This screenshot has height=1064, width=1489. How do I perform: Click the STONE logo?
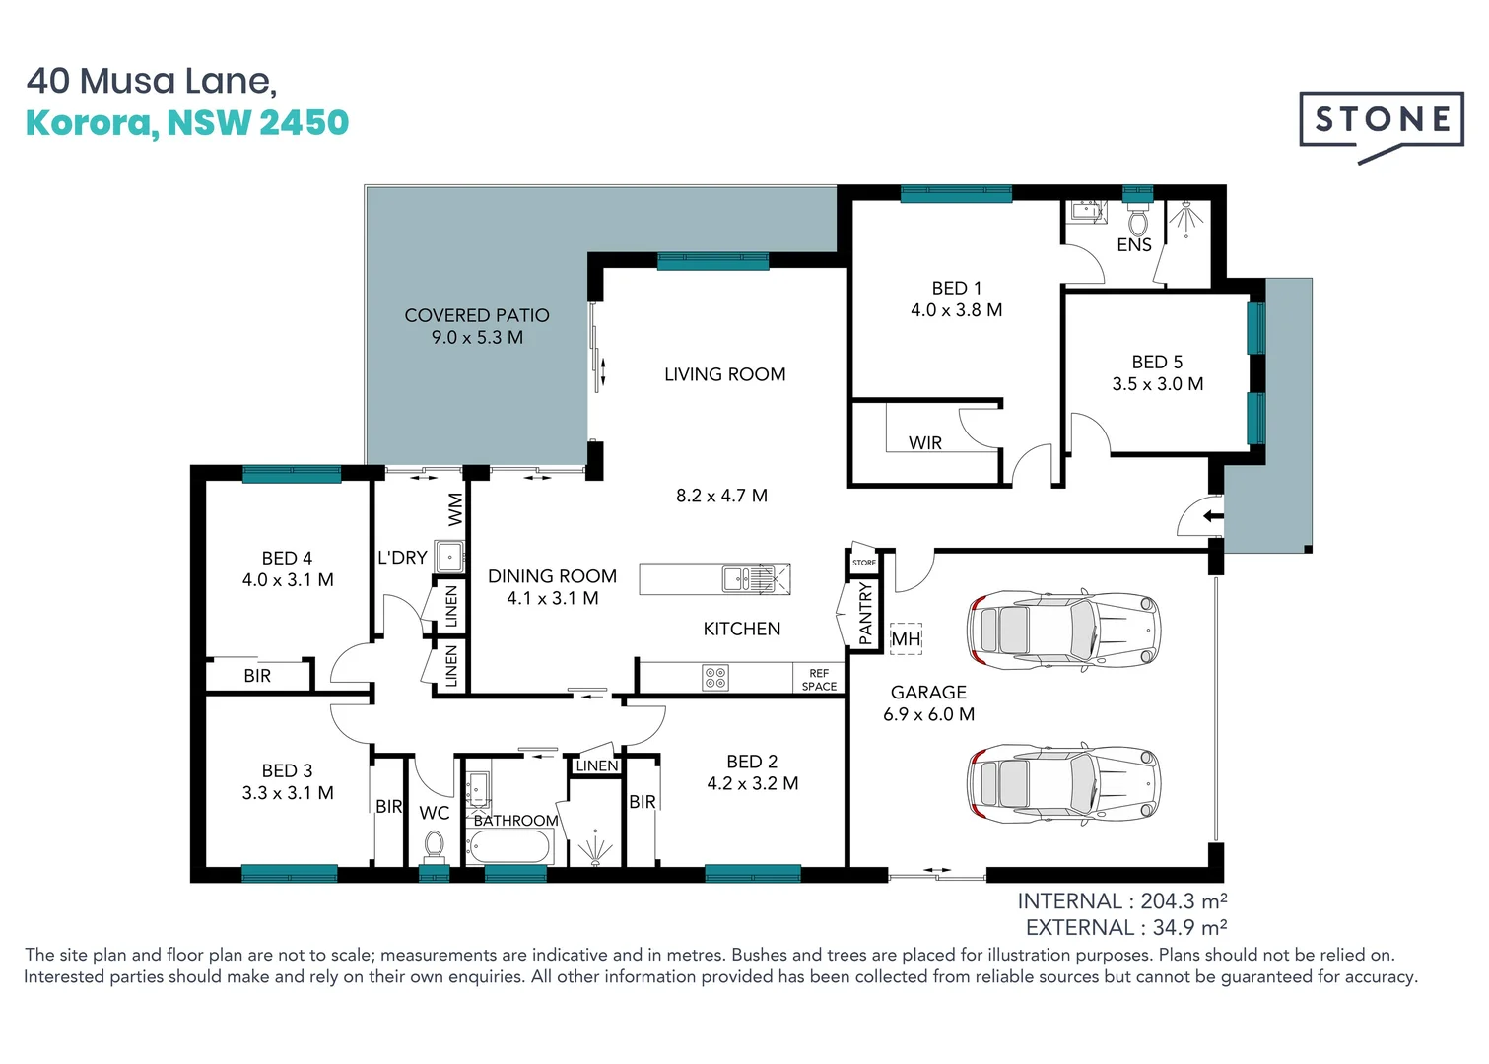tap(1382, 121)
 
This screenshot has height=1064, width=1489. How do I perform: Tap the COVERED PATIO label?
tap(477, 315)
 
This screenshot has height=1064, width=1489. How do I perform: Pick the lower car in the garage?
tap(1064, 784)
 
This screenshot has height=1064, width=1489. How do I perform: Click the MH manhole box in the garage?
tap(906, 639)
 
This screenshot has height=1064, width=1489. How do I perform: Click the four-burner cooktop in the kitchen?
tap(715, 678)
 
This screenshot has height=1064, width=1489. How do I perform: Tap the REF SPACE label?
tap(819, 680)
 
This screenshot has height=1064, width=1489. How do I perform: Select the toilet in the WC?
tap(434, 845)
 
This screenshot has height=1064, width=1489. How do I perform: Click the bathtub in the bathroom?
tap(510, 846)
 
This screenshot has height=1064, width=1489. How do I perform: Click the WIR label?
tap(925, 443)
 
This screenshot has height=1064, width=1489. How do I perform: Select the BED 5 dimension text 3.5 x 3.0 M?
tap(1158, 384)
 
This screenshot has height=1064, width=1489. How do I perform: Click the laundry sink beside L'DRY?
tap(449, 557)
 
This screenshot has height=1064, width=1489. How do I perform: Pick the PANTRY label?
tap(866, 614)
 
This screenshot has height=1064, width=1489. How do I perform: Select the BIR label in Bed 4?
tap(257, 676)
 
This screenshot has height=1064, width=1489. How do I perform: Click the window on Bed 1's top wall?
tap(956, 194)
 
